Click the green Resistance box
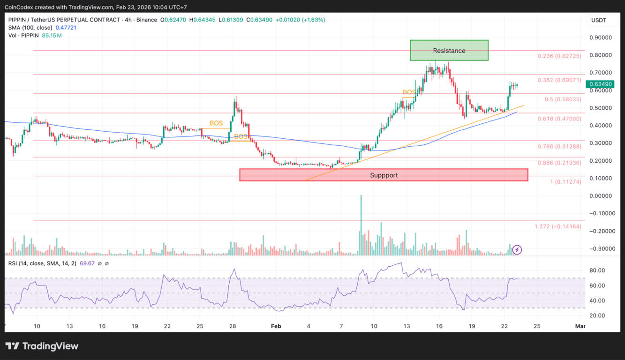[x=449, y=51]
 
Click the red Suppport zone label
[x=384, y=175]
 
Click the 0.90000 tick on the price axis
[x=600, y=37]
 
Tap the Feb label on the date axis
[x=276, y=326]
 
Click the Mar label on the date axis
[x=580, y=326]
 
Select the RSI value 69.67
[x=87, y=263]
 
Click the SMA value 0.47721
[x=66, y=28]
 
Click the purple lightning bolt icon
[x=517, y=250]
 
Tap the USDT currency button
[x=599, y=20]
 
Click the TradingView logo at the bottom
[x=42, y=346]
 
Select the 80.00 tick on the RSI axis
[x=597, y=270]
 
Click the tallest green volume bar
[x=361, y=225]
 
